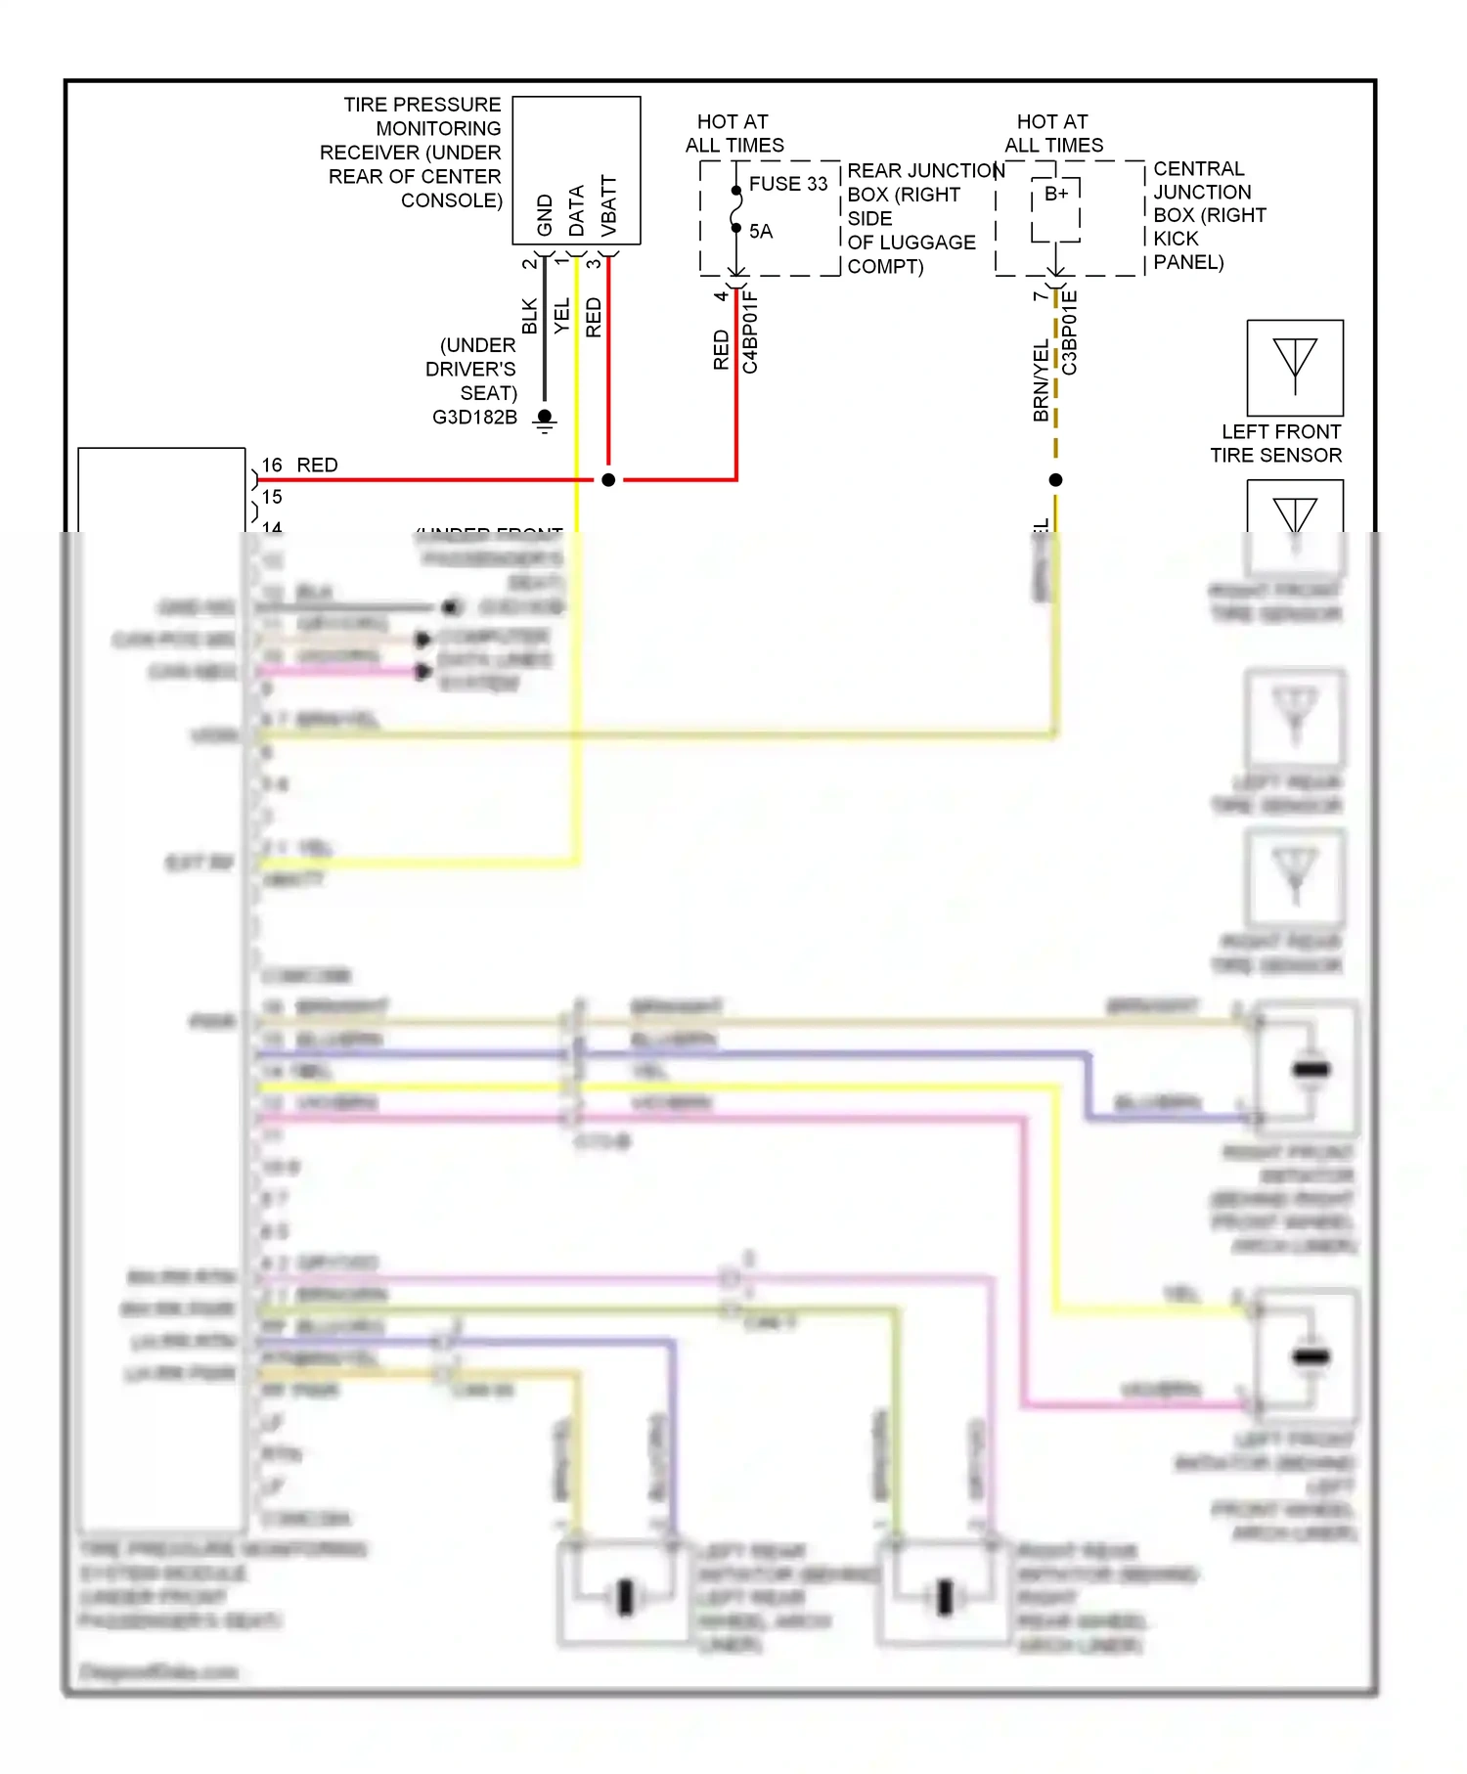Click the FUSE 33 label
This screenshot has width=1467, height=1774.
pyautogui.click(x=787, y=184)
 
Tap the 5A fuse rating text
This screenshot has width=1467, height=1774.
pyautogui.click(x=760, y=232)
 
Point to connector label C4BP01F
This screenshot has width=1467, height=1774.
pyautogui.click(x=750, y=333)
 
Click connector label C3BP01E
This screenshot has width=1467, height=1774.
pyautogui.click(x=1070, y=333)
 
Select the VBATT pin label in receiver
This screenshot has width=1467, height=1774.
pyautogui.click(x=608, y=206)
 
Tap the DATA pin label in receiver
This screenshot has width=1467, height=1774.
pyautogui.click(x=576, y=210)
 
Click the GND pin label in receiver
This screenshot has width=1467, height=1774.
pyautogui.click(x=545, y=215)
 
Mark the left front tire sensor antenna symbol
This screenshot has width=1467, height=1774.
pyautogui.click(x=1295, y=367)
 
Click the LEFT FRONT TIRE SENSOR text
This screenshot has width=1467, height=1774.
pyautogui.click(x=1276, y=444)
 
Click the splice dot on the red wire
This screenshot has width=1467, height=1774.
pyautogui.click(x=608, y=480)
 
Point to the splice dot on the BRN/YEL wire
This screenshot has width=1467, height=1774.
pyautogui.click(x=1055, y=480)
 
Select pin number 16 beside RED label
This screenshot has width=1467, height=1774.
pyautogui.click(x=272, y=466)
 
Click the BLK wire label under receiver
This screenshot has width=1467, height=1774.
pyautogui.click(x=530, y=316)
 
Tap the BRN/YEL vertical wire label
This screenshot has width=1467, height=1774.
pyautogui.click(x=1041, y=381)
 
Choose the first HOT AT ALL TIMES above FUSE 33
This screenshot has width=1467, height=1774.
pyautogui.click(x=733, y=134)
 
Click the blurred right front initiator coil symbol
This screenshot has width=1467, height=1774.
pyautogui.click(x=1311, y=1069)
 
